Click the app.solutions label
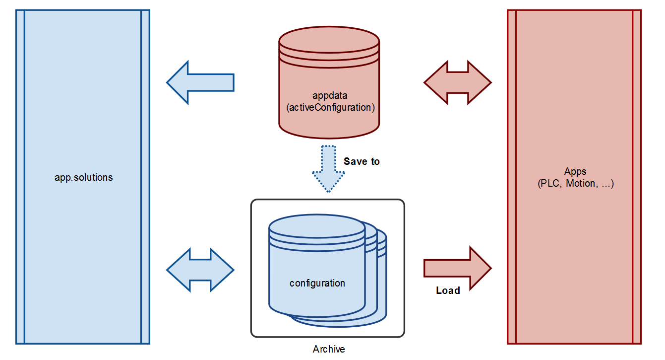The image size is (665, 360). [x=83, y=177]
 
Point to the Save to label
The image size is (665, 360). [x=362, y=161]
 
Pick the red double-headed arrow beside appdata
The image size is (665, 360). [x=457, y=82]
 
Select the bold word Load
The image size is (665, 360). [x=448, y=290]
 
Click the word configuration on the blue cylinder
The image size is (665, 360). [x=317, y=284]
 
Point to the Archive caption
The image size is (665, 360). [x=328, y=349]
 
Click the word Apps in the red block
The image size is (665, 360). [x=575, y=172]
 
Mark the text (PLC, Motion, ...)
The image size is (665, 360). [x=575, y=184]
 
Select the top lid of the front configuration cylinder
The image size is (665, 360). [x=317, y=226]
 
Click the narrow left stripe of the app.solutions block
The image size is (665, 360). [x=20, y=177]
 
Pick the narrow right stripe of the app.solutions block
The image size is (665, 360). [x=145, y=177]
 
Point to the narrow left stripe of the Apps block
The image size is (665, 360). [x=511, y=177]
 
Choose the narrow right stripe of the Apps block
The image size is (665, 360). [x=637, y=177]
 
